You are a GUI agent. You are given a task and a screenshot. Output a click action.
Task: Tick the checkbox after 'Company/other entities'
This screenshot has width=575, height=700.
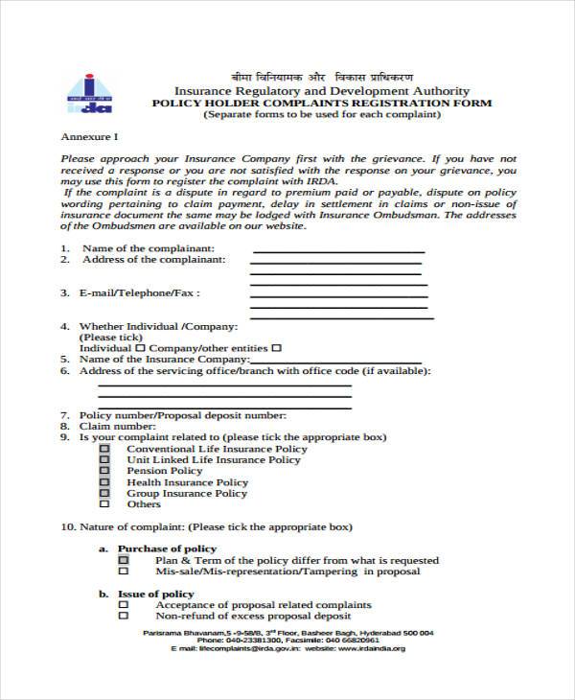pos(277,348)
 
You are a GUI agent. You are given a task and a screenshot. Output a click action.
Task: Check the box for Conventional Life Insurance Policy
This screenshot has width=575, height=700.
pos(104,449)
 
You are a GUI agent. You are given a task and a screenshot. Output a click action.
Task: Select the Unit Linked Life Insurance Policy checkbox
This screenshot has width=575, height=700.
pos(104,460)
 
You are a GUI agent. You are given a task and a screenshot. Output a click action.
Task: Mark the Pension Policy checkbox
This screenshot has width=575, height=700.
pos(104,471)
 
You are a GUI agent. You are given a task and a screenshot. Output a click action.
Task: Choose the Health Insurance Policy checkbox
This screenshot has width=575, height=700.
pos(104,482)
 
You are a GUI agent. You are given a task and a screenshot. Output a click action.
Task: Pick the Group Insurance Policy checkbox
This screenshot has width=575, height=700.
pos(104,494)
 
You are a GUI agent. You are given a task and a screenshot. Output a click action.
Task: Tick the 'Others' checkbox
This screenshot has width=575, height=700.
pos(104,504)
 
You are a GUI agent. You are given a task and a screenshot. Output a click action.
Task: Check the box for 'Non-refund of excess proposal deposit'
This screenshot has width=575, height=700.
pos(123,617)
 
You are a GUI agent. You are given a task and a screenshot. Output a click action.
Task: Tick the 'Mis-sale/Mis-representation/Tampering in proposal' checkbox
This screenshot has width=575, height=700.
pos(123,572)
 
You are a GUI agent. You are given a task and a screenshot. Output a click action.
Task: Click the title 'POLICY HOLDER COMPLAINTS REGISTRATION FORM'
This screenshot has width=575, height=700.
pos(322,103)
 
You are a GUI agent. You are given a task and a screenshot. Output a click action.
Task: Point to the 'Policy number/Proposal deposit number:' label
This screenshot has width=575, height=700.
pos(182,415)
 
